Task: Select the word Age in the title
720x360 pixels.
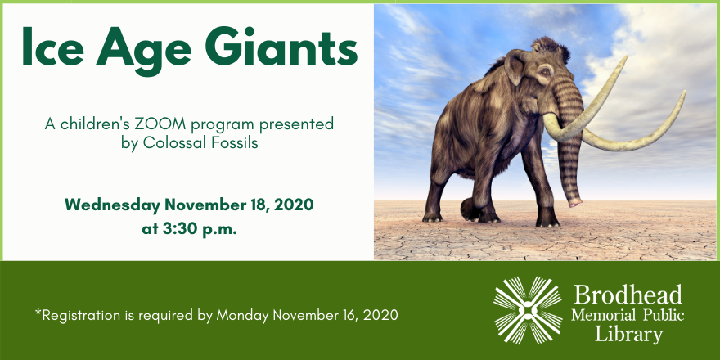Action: click(144, 51)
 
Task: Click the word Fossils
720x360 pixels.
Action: click(234, 143)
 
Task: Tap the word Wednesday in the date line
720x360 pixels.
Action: click(113, 205)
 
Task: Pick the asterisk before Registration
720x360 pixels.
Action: click(38, 313)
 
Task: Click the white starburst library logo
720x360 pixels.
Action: click(528, 310)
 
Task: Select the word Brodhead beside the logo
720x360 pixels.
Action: click(628, 295)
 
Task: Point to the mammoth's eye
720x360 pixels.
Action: click(545, 72)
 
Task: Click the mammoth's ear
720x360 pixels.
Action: click(516, 67)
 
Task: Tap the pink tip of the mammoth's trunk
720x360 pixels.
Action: click(575, 202)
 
